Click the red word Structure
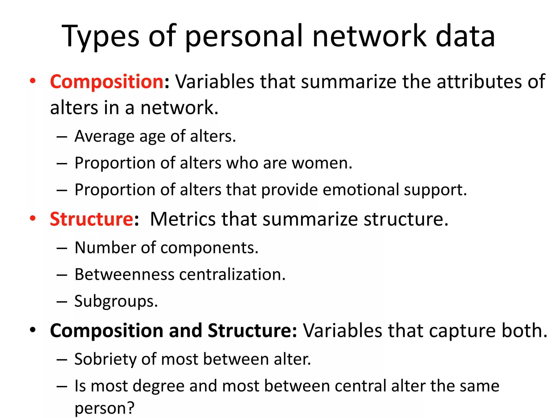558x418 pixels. [92, 219]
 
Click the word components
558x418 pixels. [207, 248]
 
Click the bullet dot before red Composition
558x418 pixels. [33, 81]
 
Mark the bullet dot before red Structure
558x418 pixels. [33, 219]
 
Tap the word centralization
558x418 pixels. [230, 274]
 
